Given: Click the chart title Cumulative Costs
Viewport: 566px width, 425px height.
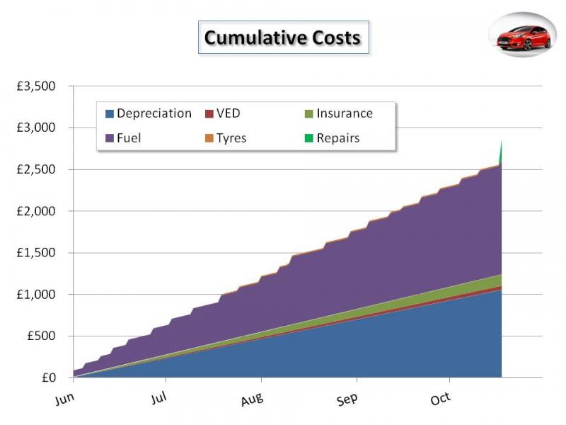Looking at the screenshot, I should pyautogui.click(x=282, y=37).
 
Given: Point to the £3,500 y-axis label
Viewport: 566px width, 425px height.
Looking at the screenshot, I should pyautogui.click(x=45, y=86).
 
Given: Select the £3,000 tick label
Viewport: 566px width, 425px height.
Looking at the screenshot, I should pyautogui.click(x=45, y=128).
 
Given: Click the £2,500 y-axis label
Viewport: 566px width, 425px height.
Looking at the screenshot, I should pyautogui.click(x=45, y=170).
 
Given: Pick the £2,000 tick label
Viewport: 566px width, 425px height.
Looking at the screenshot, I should pyautogui.click(x=45, y=211).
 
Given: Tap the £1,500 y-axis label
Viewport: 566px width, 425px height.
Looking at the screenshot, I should pyautogui.click(x=45, y=253).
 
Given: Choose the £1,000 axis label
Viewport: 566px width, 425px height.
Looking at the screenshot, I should pyautogui.click(x=45, y=295).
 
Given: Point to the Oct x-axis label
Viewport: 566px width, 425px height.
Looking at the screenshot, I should pyautogui.click(x=440, y=399).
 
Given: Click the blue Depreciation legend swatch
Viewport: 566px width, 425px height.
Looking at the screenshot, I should pyautogui.click(x=110, y=114).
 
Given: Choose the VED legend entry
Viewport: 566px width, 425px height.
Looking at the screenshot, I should pyautogui.click(x=227, y=113).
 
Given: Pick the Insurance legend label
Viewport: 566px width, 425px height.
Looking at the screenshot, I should pyautogui.click(x=344, y=113).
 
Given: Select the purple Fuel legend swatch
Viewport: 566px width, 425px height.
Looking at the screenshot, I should pyautogui.click(x=110, y=138).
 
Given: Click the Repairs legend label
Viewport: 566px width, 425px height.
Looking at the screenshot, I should pyautogui.click(x=337, y=138).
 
